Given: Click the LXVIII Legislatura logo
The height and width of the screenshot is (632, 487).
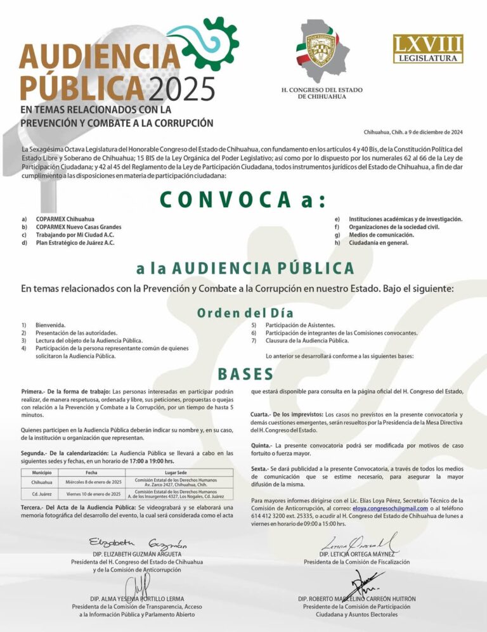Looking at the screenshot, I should click(x=428, y=49).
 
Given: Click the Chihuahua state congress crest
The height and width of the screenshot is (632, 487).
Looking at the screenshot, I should click(x=321, y=51).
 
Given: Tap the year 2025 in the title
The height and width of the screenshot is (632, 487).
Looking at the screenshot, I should click(x=182, y=89).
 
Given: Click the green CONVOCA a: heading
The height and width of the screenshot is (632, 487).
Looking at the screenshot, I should click(x=243, y=200).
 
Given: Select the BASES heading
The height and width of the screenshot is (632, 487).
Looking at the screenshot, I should click(x=245, y=374).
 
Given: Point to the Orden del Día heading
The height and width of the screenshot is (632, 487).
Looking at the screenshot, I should click(x=245, y=313).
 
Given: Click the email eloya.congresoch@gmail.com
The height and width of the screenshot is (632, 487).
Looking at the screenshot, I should click(x=390, y=508).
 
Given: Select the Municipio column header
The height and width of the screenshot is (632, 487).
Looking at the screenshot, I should click(x=42, y=473).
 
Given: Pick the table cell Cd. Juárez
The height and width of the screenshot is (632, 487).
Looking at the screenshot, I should click(x=42, y=494).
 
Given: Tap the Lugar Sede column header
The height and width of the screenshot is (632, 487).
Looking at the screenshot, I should click(x=176, y=473).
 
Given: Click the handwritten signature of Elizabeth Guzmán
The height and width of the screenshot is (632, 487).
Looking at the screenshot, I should click(x=138, y=544).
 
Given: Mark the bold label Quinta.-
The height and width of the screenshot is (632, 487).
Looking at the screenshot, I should click(x=262, y=446).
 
